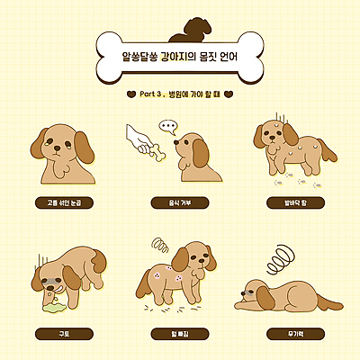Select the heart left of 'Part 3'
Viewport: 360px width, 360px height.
tap(131, 93)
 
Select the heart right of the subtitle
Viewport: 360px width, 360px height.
tap(229, 93)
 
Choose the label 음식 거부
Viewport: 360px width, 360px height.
tap(180, 203)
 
